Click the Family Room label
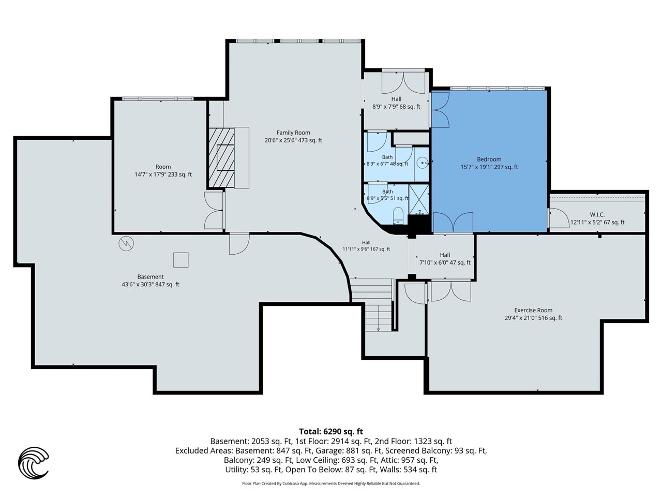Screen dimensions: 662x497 293,133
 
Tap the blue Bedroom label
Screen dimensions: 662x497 489,159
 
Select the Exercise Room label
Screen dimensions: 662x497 533,310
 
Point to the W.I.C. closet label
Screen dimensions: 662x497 597,214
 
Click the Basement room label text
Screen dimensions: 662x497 150,276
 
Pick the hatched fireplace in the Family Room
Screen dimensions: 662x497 221,158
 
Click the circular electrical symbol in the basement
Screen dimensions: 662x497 126,243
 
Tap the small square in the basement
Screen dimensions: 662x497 180,260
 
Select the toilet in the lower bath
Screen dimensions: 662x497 398,216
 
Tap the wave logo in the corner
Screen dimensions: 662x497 33,463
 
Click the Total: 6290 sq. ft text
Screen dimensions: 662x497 331,432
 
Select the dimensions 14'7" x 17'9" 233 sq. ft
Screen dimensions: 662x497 163,174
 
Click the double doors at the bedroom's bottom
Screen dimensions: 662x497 453,223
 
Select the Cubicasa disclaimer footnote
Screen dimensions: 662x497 331,484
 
